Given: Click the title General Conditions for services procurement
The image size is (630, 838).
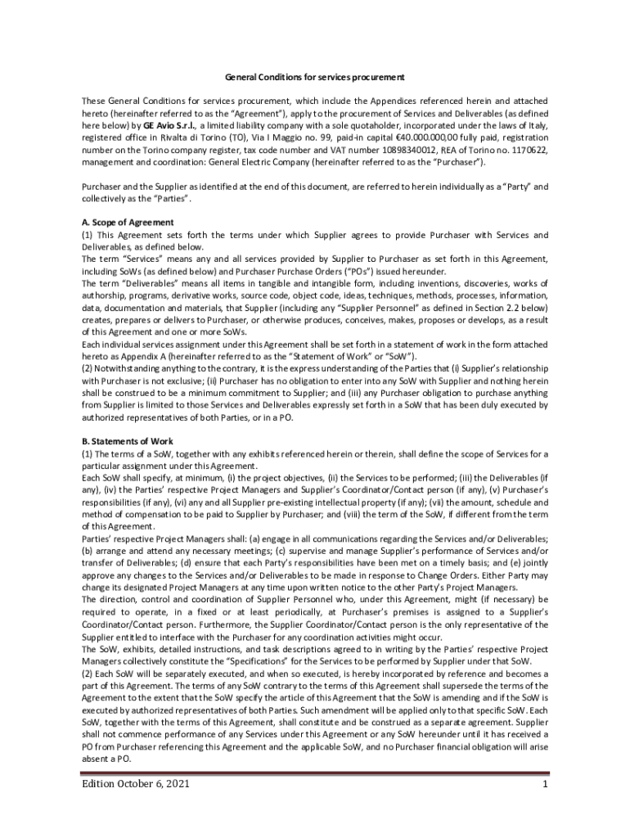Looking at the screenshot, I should click(314, 78).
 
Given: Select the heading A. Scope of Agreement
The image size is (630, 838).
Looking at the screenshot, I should click(127, 223).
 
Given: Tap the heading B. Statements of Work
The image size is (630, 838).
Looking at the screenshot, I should click(127, 441).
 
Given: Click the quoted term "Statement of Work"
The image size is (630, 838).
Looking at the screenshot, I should click(367, 356).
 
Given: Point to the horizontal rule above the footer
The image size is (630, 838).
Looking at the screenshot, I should click(314, 773).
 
